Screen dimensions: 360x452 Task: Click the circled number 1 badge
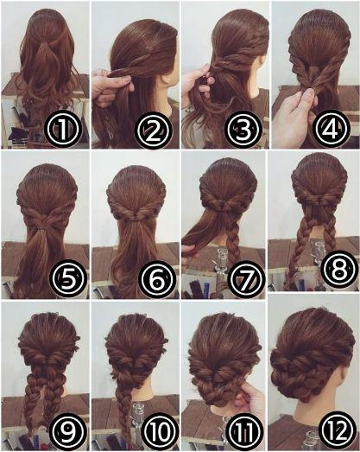pyautogui.click(x=63, y=130)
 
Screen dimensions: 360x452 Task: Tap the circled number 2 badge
pyautogui.click(x=154, y=130)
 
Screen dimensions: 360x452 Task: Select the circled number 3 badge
pyautogui.click(x=243, y=129)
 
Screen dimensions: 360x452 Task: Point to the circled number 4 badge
pyautogui.click(x=332, y=127)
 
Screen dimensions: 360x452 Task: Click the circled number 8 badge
pyautogui.click(x=338, y=269)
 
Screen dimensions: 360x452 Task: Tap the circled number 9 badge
pyautogui.click(x=68, y=431)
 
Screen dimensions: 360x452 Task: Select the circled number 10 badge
pyautogui.click(x=157, y=431)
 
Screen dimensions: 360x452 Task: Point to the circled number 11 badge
pyautogui.click(x=245, y=431)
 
